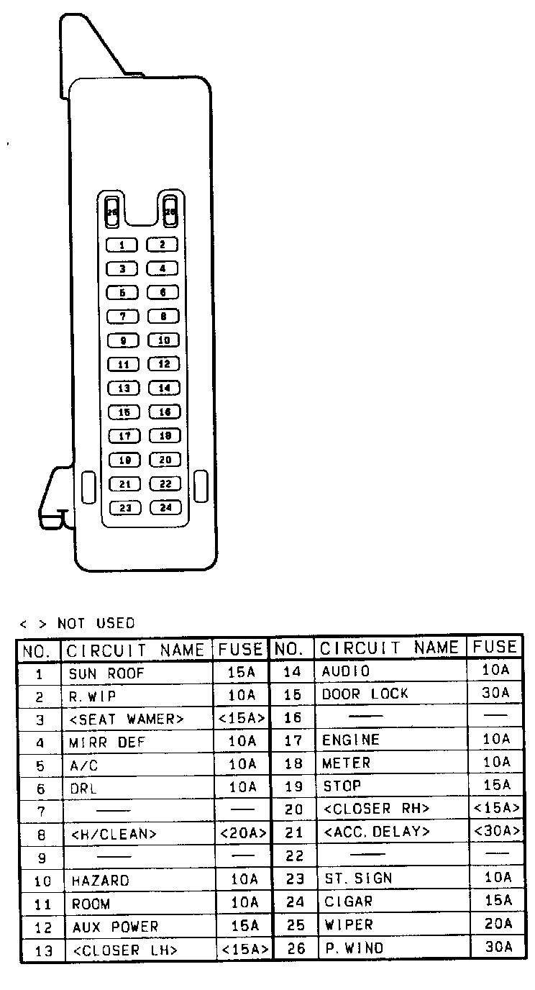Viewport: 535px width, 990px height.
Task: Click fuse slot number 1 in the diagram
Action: coord(122,245)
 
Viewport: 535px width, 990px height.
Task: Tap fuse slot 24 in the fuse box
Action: coord(165,508)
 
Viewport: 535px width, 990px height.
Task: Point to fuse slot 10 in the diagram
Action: coord(163,340)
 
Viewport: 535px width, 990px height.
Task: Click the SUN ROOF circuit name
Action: coord(106,674)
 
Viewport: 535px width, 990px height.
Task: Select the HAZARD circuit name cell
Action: coord(100,881)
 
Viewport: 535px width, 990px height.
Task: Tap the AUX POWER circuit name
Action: coord(114,927)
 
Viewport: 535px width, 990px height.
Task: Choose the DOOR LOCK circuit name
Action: coord(365,694)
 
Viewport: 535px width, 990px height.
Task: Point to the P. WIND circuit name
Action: coord(353,948)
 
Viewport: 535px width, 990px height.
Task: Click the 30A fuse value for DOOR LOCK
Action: coord(497,694)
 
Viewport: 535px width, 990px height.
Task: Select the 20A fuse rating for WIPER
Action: coord(497,924)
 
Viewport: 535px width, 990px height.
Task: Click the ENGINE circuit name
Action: coord(350,740)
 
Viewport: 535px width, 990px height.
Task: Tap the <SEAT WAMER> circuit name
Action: coord(126,719)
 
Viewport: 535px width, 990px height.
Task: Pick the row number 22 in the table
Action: coord(294,856)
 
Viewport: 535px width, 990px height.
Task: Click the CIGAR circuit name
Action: coord(348,902)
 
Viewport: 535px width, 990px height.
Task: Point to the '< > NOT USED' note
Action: coord(77,623)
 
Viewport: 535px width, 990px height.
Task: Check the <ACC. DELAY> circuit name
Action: coord(377,832)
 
